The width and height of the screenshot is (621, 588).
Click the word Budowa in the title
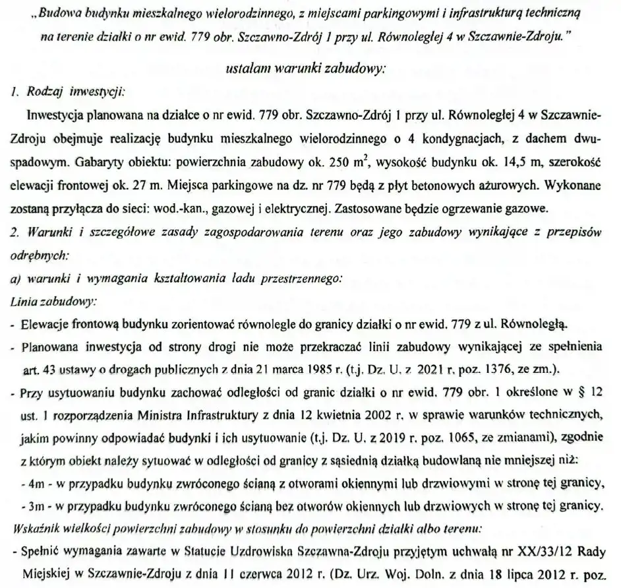click(x=59, y=13)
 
